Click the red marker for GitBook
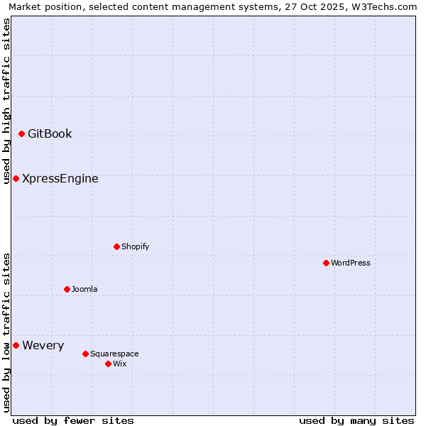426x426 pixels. (21, 133)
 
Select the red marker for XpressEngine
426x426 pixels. (16, 178)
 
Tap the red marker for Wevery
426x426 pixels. (16, 345)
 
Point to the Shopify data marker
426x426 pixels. (116, 246)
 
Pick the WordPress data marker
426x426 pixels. (326, 263)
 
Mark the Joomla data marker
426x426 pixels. (67, 289)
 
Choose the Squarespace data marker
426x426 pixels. (85, 354)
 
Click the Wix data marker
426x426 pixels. (108, 364)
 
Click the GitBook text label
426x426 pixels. (50, 133)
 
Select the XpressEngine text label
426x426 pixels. (60, 178)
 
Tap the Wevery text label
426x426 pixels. (43, 345)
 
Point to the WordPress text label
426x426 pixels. (351, 263)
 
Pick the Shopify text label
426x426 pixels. (135, 246)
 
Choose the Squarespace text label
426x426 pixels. (114, 354)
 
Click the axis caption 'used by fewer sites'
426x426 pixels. (73, 420)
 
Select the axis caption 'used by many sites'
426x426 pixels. (356, 420)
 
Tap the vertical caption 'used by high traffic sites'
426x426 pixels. (6, 101)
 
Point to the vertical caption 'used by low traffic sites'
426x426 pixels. (6, 332)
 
